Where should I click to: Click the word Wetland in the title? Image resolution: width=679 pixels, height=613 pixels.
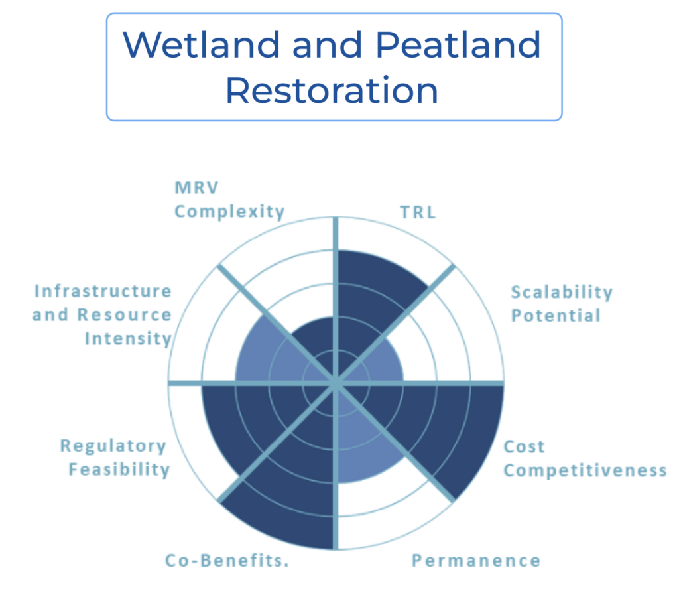[x=202, y=44]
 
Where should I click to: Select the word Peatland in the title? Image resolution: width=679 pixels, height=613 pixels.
[x=458, y=44]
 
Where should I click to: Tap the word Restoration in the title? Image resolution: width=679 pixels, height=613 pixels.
[x=332, y=90]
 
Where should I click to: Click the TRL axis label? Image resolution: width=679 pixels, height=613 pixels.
[x=418, y=212]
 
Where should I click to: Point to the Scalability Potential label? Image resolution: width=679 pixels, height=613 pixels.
[x=562, y=304]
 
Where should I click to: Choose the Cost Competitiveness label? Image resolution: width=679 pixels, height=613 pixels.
[x=585, y=458]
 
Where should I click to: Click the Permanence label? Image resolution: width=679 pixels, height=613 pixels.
[x=476, y=561]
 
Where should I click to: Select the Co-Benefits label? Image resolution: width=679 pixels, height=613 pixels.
[x=227, y=561]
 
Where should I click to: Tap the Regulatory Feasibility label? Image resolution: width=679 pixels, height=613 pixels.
[x=115, y=458]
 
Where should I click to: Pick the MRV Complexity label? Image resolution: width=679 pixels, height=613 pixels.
[x=229, y=200]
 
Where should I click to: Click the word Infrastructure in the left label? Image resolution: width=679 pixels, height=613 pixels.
[x=103, y=291]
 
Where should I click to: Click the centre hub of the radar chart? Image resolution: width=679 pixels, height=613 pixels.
[x=336, y=383]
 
